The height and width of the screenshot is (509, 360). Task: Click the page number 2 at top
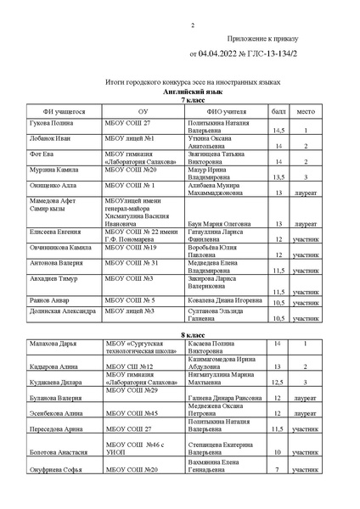coord(192,25)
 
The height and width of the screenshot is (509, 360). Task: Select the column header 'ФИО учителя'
coord(226,112)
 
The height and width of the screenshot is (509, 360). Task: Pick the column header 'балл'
coord(278,112)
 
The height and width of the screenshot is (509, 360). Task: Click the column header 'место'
coord(306,112)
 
